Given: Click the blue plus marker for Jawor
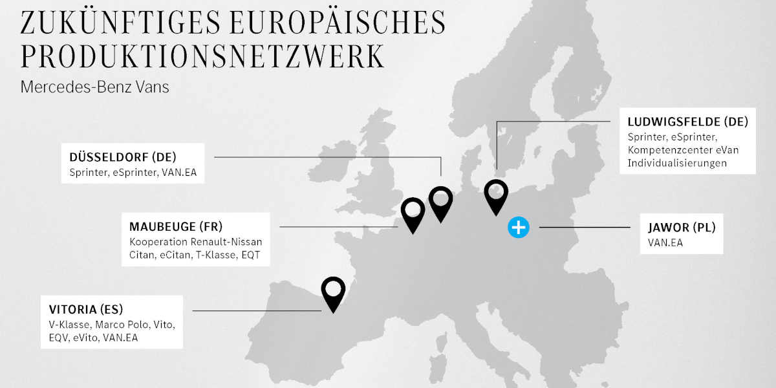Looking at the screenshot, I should [x=519, y=227].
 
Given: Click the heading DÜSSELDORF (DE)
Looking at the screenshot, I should [x=123, y=157].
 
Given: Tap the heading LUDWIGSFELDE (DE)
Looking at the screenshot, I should [x=687, y=121].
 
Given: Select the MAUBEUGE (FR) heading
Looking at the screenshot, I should [x=176, y=226].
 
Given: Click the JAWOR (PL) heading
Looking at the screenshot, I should [x=682, y=228].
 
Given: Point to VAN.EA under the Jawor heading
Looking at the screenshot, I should [x=665, y=242].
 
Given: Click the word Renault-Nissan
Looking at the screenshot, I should [x=226, y=242].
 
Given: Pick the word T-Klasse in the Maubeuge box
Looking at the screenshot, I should [x=216, y=255].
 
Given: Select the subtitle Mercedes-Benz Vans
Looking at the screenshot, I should [x=95, y=87].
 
